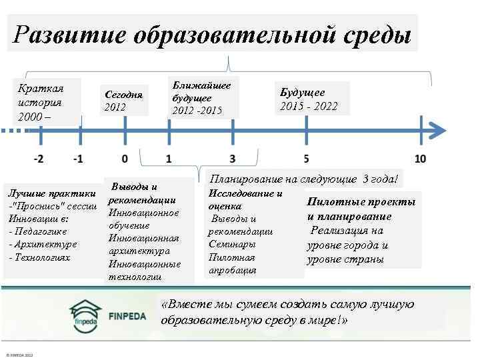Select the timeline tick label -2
pos(39,159)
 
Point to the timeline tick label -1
pos(79,159)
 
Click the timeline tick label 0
pos(124,159)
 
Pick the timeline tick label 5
pos(305,159)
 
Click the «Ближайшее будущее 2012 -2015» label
pos(201,98)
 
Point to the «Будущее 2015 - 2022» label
pos(309,99)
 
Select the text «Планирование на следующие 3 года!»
pos(303,179)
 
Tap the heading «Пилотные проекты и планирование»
pos(360,209)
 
